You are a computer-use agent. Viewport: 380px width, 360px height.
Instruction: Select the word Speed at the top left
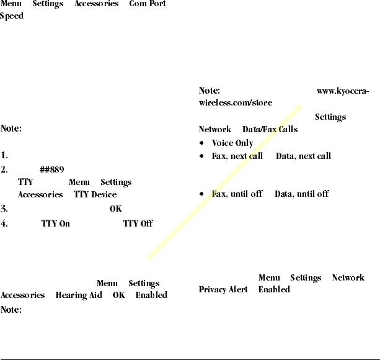(x=12, y=16)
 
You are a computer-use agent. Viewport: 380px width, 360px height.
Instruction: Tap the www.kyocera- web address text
(x=343, y=91)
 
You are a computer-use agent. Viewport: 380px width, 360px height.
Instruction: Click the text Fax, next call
(x=237, y=156)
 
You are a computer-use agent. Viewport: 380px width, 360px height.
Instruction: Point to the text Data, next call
(x=303, y=156)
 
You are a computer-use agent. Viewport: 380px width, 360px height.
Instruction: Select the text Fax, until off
(x=237, y=194)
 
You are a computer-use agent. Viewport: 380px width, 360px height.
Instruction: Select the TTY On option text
(x=56, y=223)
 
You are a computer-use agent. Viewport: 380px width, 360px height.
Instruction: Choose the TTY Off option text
(x=138, y=223)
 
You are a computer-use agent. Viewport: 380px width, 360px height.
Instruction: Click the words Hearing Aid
(x=79, y=295)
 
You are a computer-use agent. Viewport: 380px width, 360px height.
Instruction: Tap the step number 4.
(x=4, y=223)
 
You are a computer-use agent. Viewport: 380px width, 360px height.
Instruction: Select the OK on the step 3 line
(x=115, y=209)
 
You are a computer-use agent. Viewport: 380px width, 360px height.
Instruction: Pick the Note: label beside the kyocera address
(x=210, y=91)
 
